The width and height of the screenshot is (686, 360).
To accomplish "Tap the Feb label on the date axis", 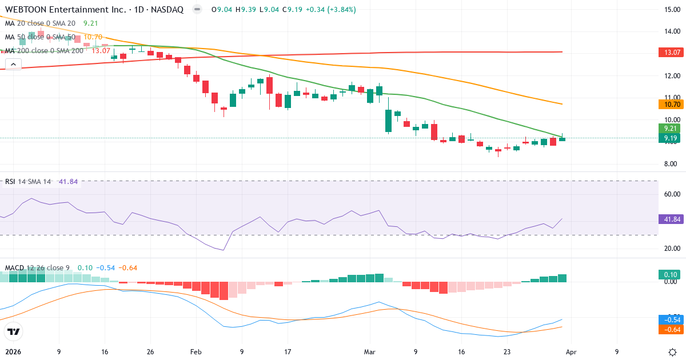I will (x=196, y=352).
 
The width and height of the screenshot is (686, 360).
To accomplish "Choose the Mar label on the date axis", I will (x=370, y=352).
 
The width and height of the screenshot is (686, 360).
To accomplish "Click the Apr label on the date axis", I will (x=571, y=352).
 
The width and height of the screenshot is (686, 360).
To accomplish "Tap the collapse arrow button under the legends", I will (x=13, y=64).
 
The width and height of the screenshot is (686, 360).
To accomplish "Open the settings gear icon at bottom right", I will (x=672, y=352).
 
